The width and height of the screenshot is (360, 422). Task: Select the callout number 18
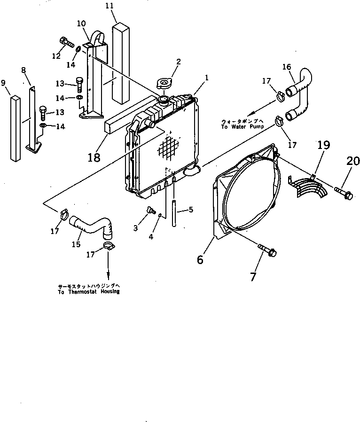click(x=94, y=157)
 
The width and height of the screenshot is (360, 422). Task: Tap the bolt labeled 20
click(x=344, y=193)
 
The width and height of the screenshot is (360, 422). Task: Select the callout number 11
click(x=110, y=6)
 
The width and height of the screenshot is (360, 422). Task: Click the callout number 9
click(x=4, y=83)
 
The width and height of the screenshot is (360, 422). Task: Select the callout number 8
click(x=23, y=70)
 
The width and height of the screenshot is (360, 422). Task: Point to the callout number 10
click(x=81, y=23)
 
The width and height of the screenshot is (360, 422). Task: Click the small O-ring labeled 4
click(x=161, y=215)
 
